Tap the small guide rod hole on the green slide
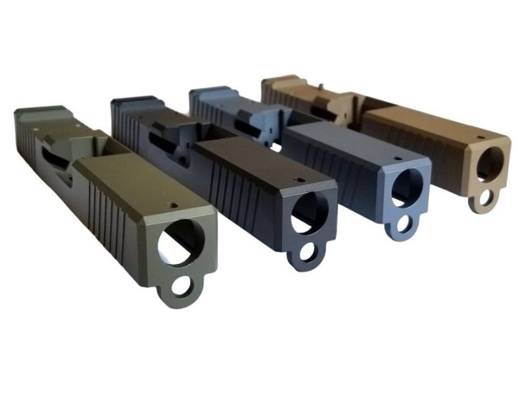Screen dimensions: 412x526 179,287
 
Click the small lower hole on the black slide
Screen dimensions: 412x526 306,251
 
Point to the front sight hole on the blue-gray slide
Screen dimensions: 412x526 398,158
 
